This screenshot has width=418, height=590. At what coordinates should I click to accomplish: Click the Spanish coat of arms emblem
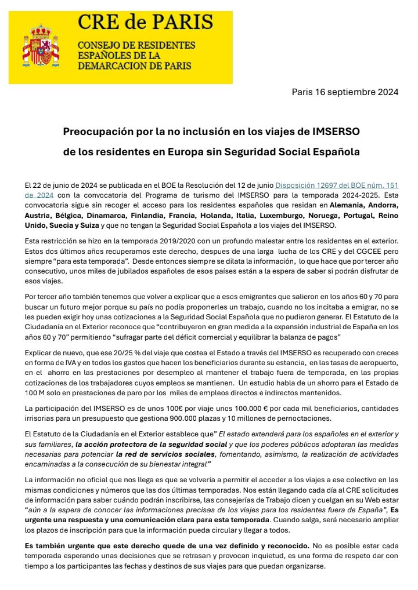(40, 45)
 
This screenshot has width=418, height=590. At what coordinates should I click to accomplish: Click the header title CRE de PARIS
(145, 22)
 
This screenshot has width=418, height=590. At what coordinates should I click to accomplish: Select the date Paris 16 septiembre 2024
(345, 92)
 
